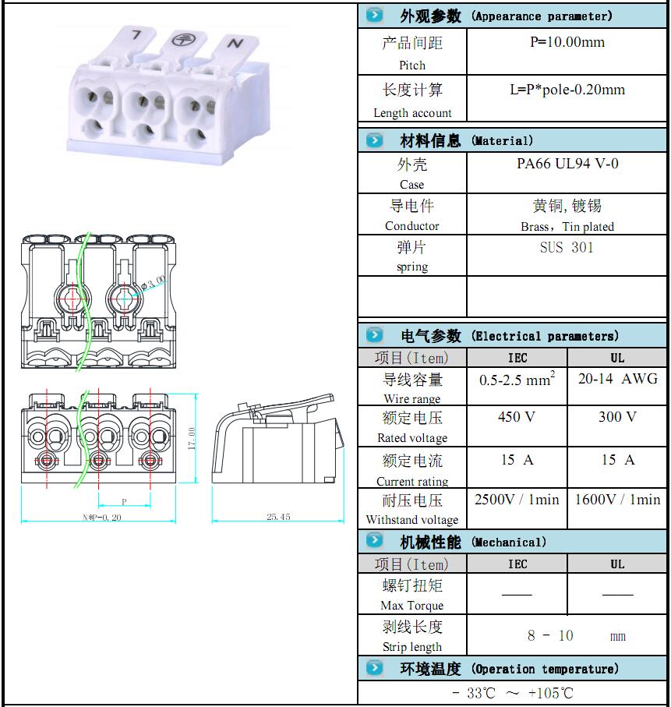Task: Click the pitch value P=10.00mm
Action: coord(567,42)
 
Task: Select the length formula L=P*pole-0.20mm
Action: coord(567,90)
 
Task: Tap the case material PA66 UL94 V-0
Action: coord(567,164)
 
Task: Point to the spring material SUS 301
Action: coord(567,247)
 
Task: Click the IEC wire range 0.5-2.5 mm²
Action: coord(517,380)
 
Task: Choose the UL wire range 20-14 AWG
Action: coord(617,379)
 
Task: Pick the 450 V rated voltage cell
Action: coord(517,417)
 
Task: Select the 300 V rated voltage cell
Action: coord(617,417)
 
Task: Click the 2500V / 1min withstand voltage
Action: coord(517,500)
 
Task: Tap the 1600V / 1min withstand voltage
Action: coord(617,500)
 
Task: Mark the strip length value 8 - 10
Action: coord(550,636)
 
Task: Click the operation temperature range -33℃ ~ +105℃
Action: coord(513,693)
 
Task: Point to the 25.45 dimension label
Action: coord(277,517)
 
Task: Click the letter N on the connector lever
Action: coord(235,44)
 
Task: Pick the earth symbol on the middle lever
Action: coord(182,39)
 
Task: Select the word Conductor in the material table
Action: coord(412,226)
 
